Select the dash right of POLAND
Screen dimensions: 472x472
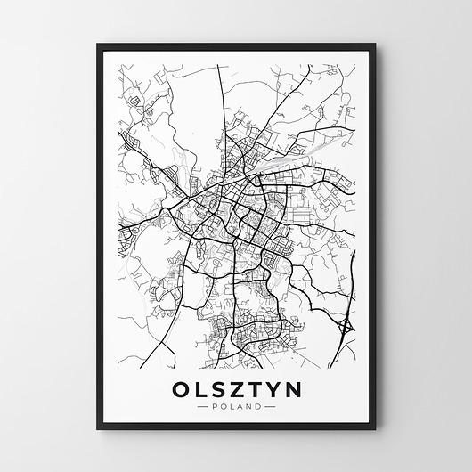272,406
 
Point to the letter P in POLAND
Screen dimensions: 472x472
216,406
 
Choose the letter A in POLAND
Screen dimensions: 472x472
240,406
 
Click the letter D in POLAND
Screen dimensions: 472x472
259,406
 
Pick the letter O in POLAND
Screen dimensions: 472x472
224,406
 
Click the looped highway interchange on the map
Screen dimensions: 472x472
343,331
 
